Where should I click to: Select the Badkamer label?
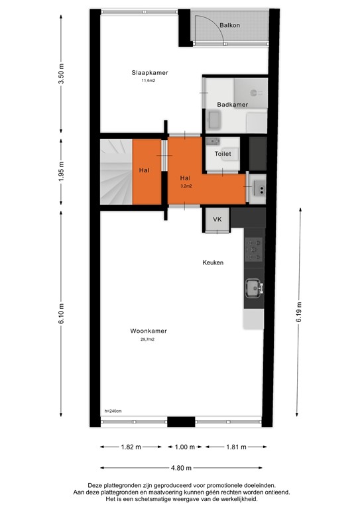(x=232, y=105)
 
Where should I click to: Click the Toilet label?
(x=223, y=154)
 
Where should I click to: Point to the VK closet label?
(x=217, y=219)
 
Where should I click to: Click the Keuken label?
(x=213, y=262)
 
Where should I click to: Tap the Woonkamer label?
(x=148, y=331)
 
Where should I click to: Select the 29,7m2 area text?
(x=147, y=339)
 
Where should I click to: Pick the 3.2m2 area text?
(x=186, y=186)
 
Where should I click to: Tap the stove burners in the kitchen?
(x=254, y=251)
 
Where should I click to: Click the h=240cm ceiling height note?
(x=113, y=411)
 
